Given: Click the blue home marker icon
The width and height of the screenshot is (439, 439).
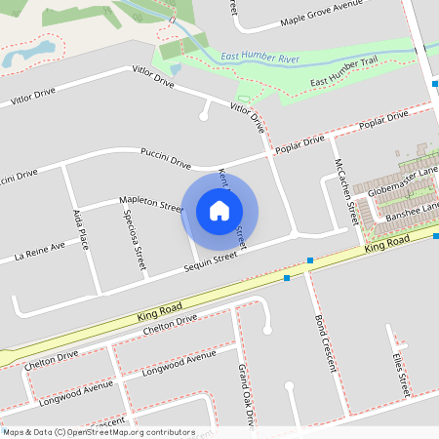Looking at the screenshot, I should click(x=219, y=211).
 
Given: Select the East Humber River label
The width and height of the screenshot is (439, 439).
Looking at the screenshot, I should click(x=260, y=59).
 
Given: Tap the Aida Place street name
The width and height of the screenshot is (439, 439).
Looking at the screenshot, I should click(x=81, y=229).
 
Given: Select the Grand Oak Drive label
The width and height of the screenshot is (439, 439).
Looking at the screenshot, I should click(x=246, y=395).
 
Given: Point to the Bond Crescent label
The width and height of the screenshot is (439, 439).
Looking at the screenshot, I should click(x=325, y=343).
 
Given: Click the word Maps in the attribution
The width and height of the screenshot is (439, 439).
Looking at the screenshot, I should click(x=14, y=432).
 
